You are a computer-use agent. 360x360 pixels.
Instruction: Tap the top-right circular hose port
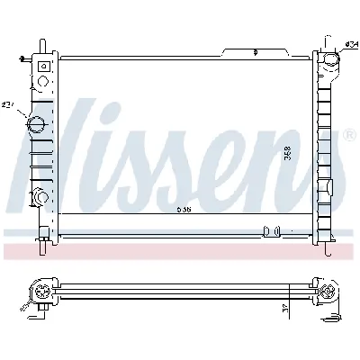(329, 62)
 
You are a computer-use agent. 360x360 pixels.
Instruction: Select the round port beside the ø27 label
(40, 124)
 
